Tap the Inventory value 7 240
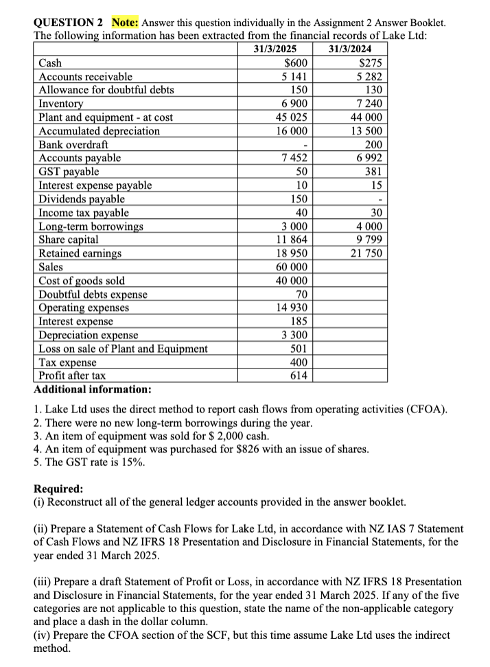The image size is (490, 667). coord(369,104)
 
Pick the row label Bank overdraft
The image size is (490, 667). coord(73,145)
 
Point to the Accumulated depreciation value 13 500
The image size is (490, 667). coord(366,131)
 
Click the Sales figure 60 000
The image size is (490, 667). coord(291,267)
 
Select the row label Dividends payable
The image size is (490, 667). coord(82,199)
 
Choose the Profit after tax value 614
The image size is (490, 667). coord(297,375)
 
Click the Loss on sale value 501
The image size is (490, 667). coord(297,349)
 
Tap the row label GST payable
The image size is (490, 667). coord(69,172)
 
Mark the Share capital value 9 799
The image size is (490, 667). coord(369,239)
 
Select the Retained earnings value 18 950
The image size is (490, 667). coord(291,253)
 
